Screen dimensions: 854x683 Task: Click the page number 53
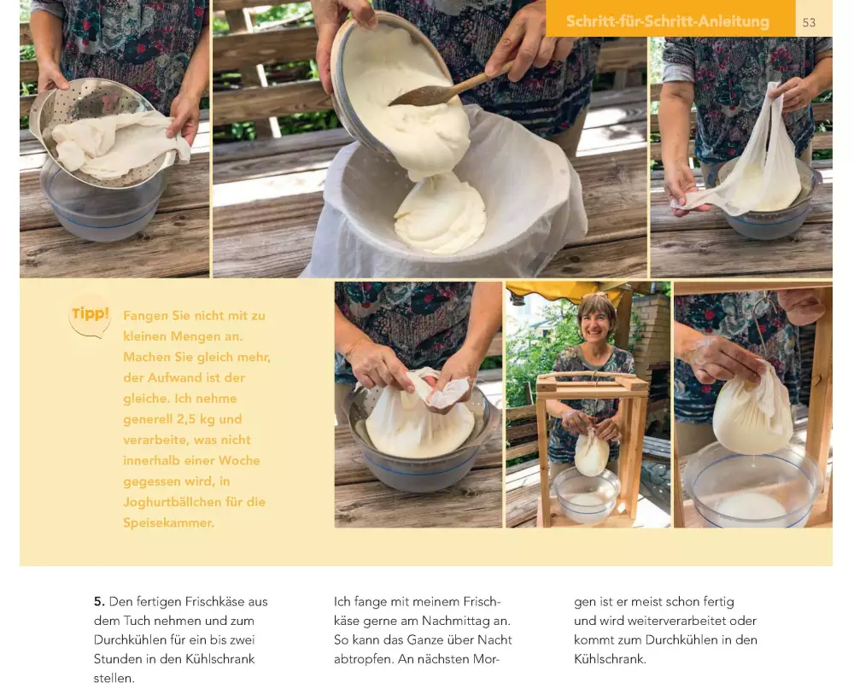[x=809, y=22]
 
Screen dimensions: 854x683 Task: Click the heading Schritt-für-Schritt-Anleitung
[x=668, y=21]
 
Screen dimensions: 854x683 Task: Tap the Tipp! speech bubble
[x=90, y=315]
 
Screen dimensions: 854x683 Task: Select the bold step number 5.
[x=98, y=602]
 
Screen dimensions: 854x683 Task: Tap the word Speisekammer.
[x=169, y=522]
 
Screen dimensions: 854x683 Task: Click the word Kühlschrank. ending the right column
[x=610, y=659]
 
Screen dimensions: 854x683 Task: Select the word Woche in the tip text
[x=239, y=461]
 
